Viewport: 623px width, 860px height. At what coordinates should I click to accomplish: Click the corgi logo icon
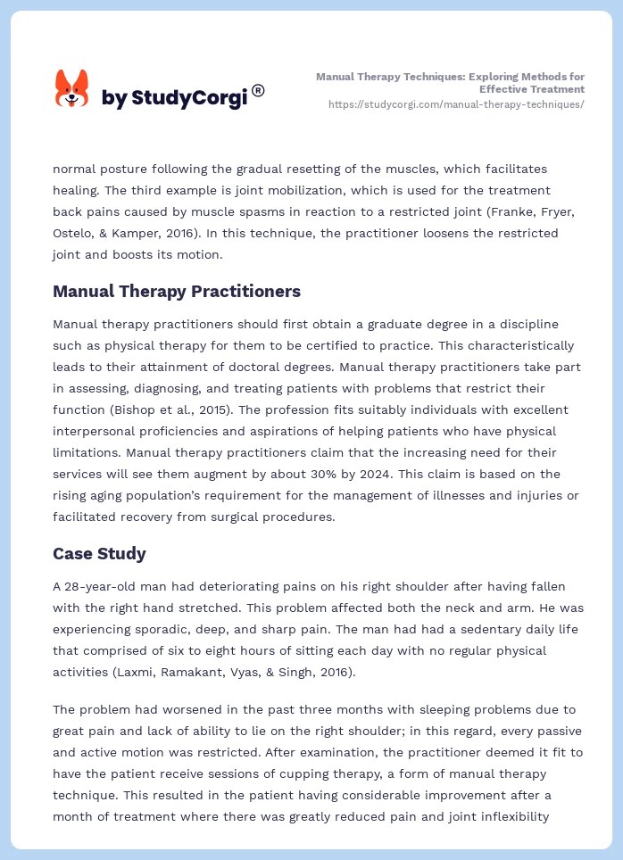pyautogui.click(x=71, y=89)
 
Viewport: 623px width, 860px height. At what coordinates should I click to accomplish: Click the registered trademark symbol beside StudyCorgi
pyautogui.click(x=258, y=90)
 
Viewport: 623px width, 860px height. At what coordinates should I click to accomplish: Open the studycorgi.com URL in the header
pyautogui.click(x=456, y=104)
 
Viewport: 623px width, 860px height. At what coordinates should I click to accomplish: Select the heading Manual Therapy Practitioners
pyautogui.click(x=177, y=291)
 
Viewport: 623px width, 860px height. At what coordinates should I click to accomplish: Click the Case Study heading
pyautogui.click(x=99, y=553)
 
